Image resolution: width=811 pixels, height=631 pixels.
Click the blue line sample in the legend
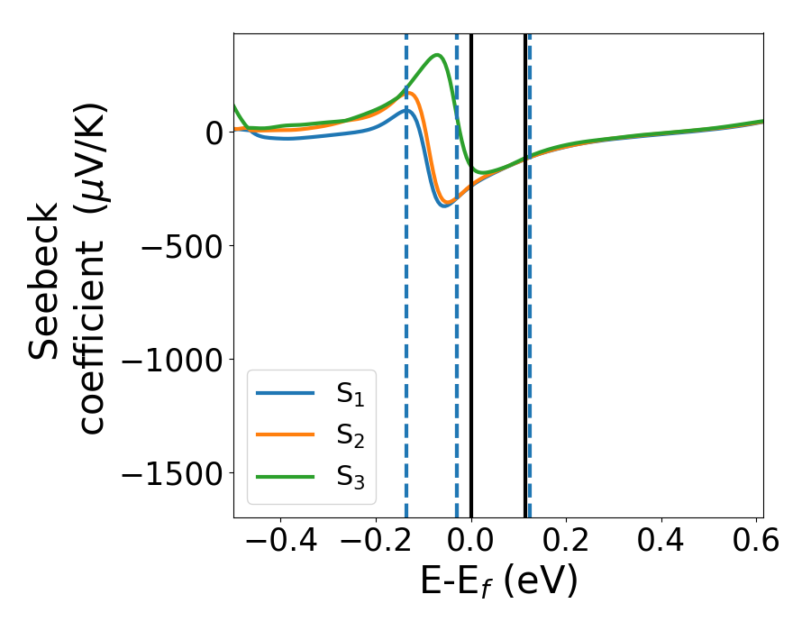(x=286, y=393)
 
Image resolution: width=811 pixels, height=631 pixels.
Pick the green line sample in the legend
(x=286, y=476)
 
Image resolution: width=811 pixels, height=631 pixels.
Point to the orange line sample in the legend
(x=286, y=434)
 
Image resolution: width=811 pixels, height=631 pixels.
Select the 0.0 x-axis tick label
(x=471, y=541)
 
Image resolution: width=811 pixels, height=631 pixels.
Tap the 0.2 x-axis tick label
(x=566, y=541)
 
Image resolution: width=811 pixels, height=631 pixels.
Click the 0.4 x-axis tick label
(x=661, y=541)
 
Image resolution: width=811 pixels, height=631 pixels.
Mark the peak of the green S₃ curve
(x=438, y=55)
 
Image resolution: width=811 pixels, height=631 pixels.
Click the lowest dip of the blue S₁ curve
(x=443, y=206)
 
